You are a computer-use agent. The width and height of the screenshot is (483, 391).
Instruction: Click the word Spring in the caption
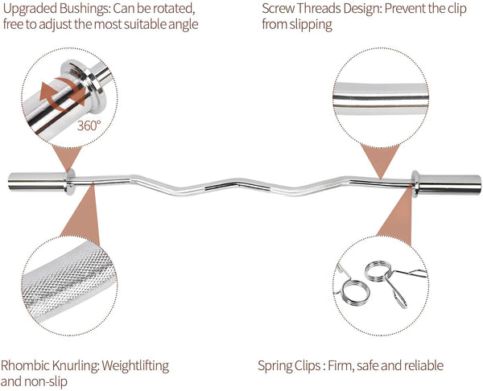coord(276,365)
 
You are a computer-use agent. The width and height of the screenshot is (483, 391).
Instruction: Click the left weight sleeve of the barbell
coord(34,182)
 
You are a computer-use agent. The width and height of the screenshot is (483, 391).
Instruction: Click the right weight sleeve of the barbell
coord(449,183)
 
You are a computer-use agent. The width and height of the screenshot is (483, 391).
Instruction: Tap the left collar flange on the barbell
coord(70,183)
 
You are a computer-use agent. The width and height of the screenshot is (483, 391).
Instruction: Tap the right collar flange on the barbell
coord(414,183)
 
